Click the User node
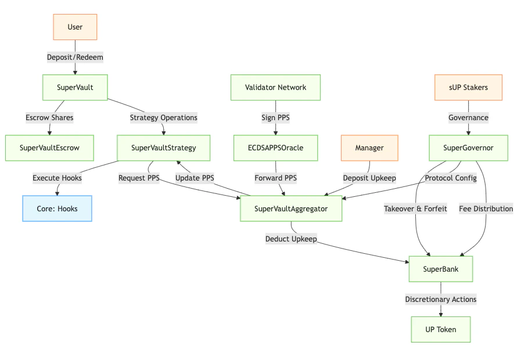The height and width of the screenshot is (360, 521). [x=75, y=27]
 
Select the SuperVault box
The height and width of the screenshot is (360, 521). [x=75, y=87]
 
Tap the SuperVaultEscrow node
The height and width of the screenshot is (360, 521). [x=49, y=147]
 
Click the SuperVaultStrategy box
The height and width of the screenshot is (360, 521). [x=163, y=147]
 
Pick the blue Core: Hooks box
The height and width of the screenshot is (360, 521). [x=57, y=208]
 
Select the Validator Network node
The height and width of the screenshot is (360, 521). [x=275, y=87]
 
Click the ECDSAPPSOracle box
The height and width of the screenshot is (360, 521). [x=275, y=147]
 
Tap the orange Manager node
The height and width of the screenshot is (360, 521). [x=369, y=147]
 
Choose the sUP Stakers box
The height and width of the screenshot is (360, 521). [x=468, y=87]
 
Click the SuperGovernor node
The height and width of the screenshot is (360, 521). [x=468, y=147]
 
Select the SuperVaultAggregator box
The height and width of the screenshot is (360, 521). [x=291, y=208]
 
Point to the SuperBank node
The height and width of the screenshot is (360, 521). [x=440, y=269]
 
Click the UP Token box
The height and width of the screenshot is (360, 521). [x=440, y=329]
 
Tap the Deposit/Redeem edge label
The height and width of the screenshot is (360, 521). [x=75, y=57]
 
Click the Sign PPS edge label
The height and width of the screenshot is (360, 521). [x=275, y=117]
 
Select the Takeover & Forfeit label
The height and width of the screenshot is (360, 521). [x=415, y=208]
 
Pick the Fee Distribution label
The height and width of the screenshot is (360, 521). [x=486, y=208]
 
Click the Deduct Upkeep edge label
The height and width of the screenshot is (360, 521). [x=291, y=239]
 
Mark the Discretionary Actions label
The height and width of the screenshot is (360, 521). [x=440, y=299]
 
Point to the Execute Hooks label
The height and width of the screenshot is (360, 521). [x=57, y=178]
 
